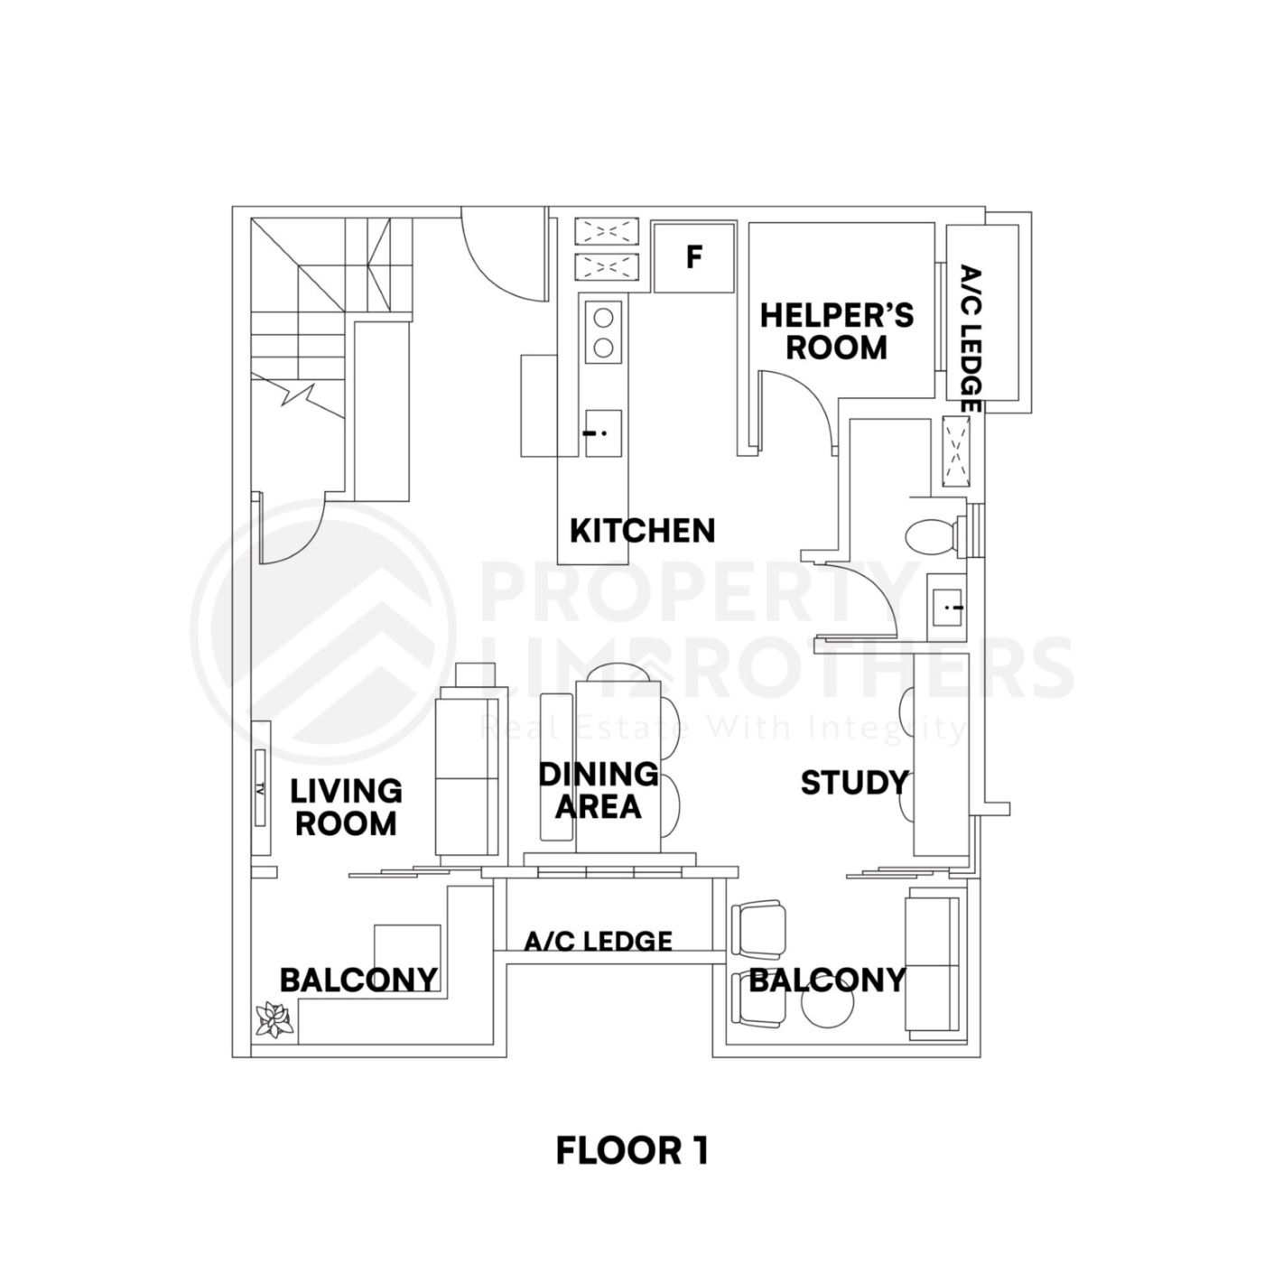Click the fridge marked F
coord(693,257)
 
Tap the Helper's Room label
coord(836,331)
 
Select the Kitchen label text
coord(642,530)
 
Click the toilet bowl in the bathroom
coord(930,536)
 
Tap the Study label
coord(853,783)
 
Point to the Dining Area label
coord(598,789)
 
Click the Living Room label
coord(346,807)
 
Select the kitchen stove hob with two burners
coord(603,330)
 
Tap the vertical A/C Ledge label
coord(970,339)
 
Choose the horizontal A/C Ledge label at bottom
coord(599,942)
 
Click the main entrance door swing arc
coord(501,257)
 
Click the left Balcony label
coord(358,980)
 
